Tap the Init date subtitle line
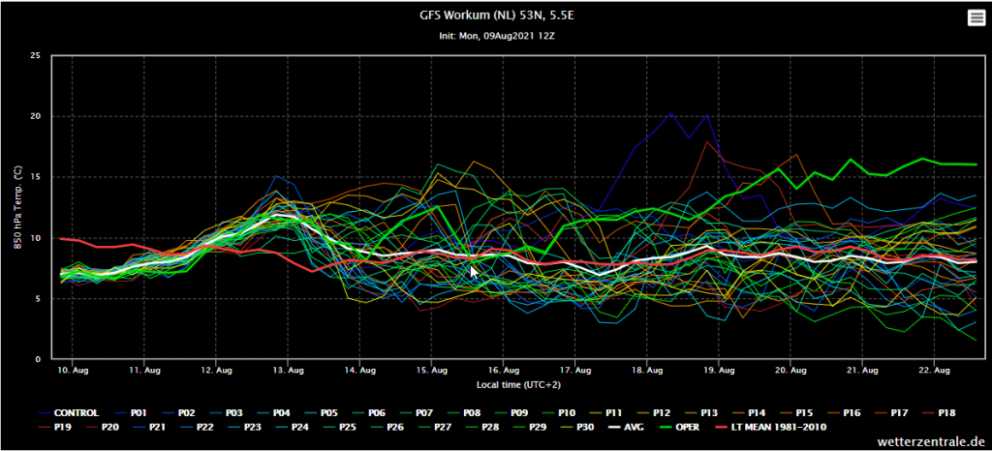497,36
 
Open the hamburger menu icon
976,18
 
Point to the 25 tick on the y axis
36,55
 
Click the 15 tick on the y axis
36,177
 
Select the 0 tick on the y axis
39,359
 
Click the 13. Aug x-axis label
287,371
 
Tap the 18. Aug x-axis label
646,371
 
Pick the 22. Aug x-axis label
933,371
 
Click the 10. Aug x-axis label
72,371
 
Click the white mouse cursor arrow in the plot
474,272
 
